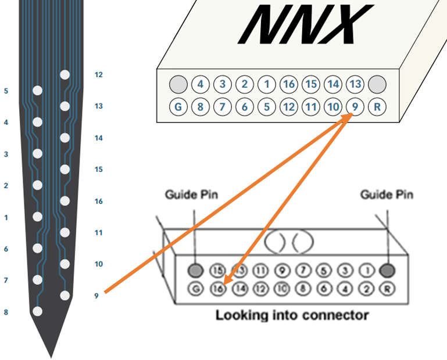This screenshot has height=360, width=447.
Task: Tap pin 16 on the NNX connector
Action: coord(289,84)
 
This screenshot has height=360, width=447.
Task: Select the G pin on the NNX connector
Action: coord(178,107)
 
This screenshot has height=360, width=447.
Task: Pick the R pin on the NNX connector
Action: coord(378,107)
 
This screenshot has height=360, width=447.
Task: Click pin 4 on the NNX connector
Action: coord(200,84)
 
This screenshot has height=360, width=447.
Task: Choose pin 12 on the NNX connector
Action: coord(289,107)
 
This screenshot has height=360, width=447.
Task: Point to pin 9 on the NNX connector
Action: coord(355,107)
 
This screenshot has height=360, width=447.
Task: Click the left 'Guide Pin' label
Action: coord(192,195)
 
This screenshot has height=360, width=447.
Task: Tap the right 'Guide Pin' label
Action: coord(387,195)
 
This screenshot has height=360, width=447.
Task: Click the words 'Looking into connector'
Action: coord(292,315)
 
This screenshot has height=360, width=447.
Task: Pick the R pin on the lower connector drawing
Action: coord(386,288)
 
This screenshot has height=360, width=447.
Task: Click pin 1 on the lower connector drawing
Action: coord(367,271)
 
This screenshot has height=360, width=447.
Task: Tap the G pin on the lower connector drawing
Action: coord(197,288)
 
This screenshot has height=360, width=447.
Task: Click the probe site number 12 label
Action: coord(98,75)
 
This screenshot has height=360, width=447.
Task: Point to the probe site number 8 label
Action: coord(6,312)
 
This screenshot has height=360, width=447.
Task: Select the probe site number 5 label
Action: coord(6,91)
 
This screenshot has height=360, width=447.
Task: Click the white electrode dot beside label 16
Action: coord(65,201)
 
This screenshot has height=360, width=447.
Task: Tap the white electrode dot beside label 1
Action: coord(38,217)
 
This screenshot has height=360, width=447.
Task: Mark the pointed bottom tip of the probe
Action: coord(51,355)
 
